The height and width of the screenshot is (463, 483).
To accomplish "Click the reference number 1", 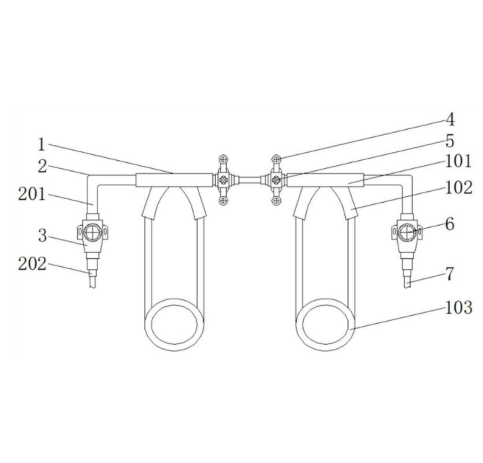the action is (42, 144).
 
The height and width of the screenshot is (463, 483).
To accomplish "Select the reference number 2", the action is (43, 167).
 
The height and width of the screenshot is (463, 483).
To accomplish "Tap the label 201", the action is (32, 194).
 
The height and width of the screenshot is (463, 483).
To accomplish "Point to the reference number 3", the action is (43, 236).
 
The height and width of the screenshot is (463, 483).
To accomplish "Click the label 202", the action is (32, 264).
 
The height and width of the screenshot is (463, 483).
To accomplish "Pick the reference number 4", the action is (450, 120).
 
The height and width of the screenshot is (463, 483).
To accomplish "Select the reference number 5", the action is (450, 141).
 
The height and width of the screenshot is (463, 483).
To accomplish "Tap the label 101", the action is (458, 161).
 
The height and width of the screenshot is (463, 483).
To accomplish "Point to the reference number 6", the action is (450, 224).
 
